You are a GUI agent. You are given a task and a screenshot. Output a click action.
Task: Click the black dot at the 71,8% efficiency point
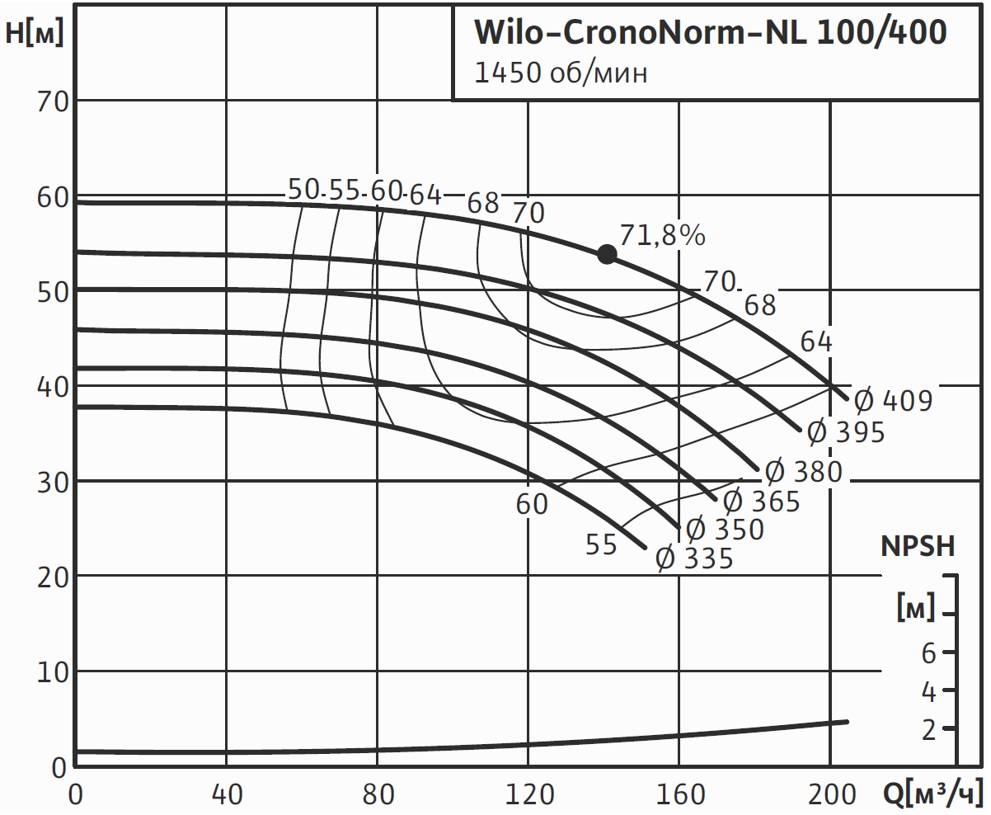tap(607, 254)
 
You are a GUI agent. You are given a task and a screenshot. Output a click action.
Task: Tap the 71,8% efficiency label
tap(663, 236)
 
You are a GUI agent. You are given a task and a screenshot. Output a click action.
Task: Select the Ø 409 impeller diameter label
tap(893, 401)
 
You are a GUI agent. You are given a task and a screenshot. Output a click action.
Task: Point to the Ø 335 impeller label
tap(694, 558)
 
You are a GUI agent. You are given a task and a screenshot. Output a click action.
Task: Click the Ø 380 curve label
tap(803, 472)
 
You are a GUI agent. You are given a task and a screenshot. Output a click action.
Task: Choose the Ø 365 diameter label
tap(761, 501)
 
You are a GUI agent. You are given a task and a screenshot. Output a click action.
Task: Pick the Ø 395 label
tap(845, 431)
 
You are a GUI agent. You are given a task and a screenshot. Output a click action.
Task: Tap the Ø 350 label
tap(725, 529)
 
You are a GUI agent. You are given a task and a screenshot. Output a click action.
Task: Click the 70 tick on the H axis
tap(51, 101)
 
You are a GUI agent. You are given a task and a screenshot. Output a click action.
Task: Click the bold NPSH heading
tap(918, 546)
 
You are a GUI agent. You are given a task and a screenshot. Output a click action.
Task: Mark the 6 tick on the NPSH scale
tap(928, 653)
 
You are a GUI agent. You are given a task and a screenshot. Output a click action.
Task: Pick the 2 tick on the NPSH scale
tap(928, 730)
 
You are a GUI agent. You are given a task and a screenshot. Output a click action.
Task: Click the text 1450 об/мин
tap(561, 73)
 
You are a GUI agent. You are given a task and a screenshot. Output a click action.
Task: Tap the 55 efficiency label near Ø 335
tap(601, 544)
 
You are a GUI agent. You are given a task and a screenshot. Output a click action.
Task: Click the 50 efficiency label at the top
tap(303, 190)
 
